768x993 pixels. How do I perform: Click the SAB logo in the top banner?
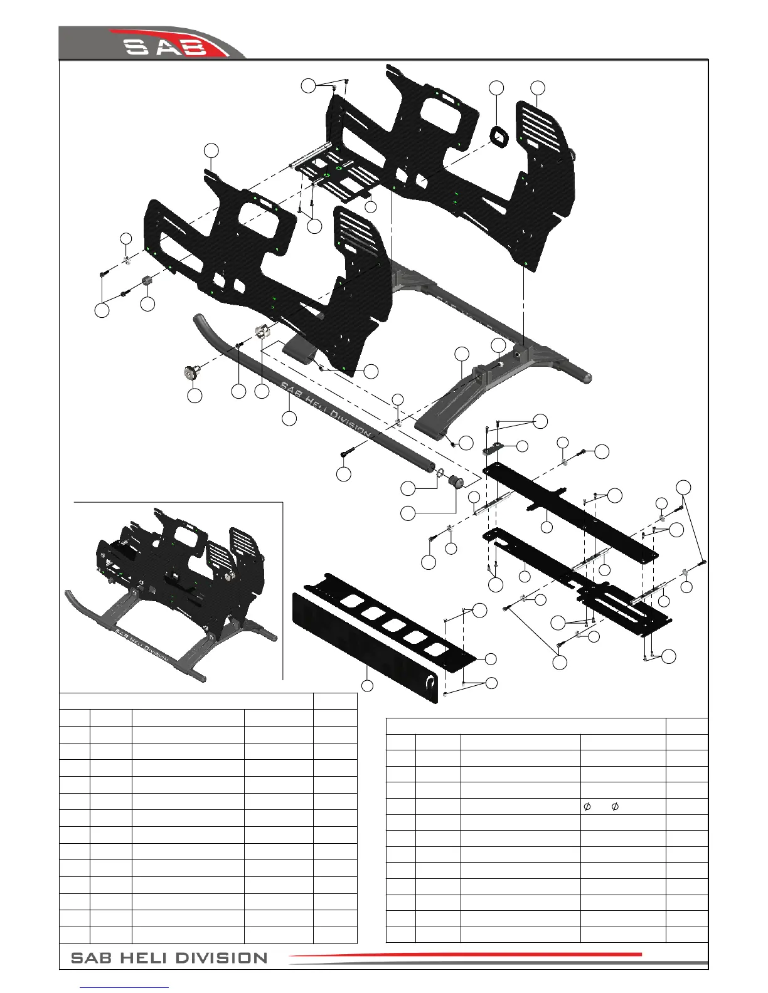(x=167, y=46)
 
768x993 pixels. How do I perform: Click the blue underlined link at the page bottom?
(x=125, y=989)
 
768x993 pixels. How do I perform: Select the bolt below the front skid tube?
(x=349, y=451)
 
